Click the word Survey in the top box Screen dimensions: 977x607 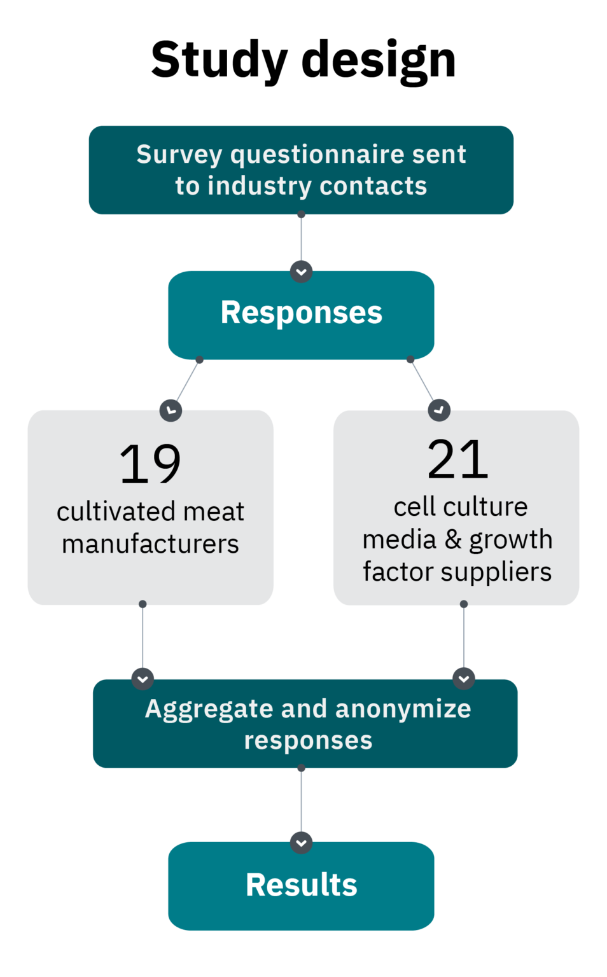[179, 155]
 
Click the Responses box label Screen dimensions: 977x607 [301, 313]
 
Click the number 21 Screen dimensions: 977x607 [457, 460]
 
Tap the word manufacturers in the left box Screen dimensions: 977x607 [150, 544]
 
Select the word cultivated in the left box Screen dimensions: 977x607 [106, 512]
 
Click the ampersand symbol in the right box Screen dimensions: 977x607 [453, 539]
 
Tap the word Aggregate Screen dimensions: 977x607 [209, 709]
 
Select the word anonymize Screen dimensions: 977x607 [403, 709]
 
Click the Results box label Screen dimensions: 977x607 [301, 885]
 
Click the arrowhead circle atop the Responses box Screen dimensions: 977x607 [301, 272]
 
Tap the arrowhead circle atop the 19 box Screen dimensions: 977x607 [171, 410]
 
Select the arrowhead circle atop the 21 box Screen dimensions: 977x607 [439, 410]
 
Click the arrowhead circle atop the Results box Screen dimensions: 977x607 [301, 843]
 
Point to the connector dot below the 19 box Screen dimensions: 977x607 [143, 604]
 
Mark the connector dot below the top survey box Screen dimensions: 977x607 [301, 215]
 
